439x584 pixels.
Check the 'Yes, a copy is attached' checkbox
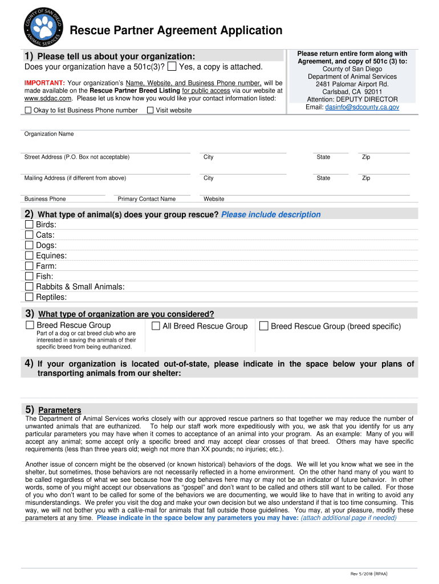pyautogui.click(x=172, y=67)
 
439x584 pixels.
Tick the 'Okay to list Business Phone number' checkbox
pyautogui.click(x=28, y=110)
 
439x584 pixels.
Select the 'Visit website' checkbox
pyautogui.click(x=151, y=110)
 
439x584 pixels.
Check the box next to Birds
pyautogui.click(x=29, y=225)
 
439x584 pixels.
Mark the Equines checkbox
pyautogui.click(x=29, y=255)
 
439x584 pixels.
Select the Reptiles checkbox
pyautogui.click(x=29, y=297)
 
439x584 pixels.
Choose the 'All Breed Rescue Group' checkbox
pyautogui.click(x=155, y=326)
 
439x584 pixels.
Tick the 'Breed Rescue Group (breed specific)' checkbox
pyautogui.click(x=263, y=326)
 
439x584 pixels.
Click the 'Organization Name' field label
pyautogui.click(x=48, y=134)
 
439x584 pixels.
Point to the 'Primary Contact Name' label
pyautogui.click(x=147, y=199)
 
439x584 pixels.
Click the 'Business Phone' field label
pyautogui.click(x=44, y=199)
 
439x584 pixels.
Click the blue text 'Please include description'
pyautogui.click(x=271, y=214)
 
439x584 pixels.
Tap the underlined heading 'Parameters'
pyautogui.click(x=59, y=410)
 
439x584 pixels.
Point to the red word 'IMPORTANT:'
pyautogui.click(x=44, y=83)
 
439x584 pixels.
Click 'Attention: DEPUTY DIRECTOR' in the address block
pyautogui.click(x=352, y=99)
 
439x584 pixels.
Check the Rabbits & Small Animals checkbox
pyautogui.click(x=29, y=286)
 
